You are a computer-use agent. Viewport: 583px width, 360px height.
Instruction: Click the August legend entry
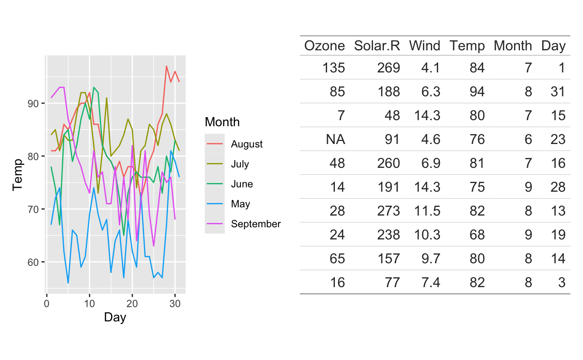tap(247, 144)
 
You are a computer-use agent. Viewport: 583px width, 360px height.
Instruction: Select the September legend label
tap(256, 224)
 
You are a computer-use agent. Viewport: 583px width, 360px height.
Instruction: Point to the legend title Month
tap(222, 122)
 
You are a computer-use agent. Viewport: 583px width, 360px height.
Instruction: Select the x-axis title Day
tap(115, 318)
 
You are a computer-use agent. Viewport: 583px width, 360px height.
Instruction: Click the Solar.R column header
tap(377, 46)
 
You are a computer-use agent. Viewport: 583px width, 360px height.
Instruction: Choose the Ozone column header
tap(324, 46)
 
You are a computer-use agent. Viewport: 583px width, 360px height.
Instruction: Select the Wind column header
tap(424, 46)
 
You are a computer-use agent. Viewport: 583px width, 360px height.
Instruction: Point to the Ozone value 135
tap(334, 68)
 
